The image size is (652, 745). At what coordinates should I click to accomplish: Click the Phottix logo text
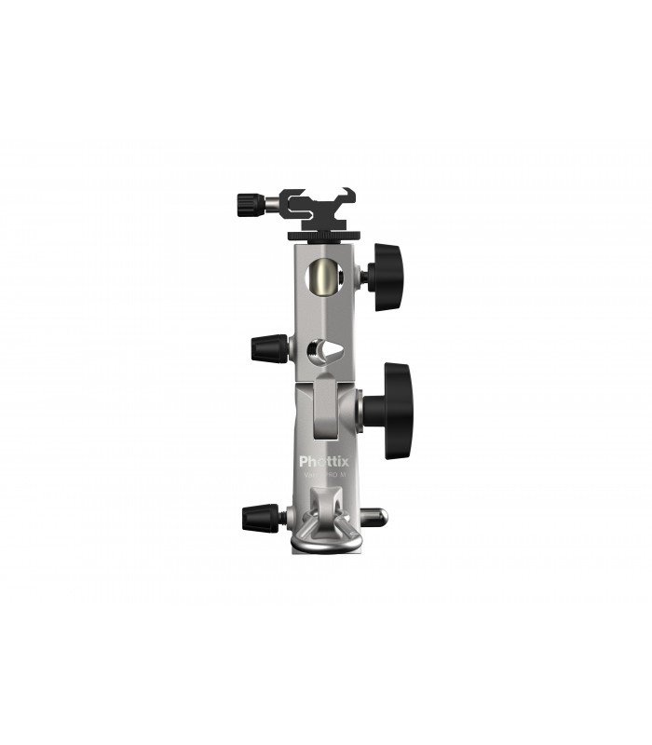coord(321,460)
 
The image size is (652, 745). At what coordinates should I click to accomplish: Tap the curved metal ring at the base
coord(321,544)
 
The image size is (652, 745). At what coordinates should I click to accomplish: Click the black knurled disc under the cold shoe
coord(322,228)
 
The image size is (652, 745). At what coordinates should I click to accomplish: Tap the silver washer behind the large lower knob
coord(360,411)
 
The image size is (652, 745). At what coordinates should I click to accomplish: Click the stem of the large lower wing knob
coord(370,411)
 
